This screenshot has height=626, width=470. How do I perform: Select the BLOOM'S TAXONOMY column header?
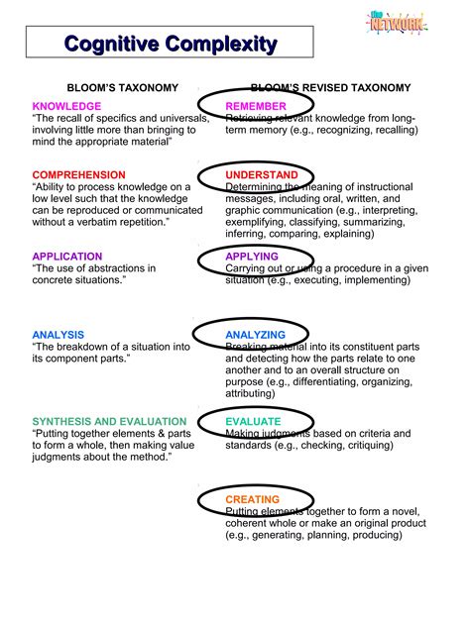pos(116,88)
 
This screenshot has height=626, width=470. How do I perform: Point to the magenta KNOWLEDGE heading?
pos(66,106)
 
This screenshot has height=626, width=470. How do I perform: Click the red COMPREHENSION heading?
pos(79,175)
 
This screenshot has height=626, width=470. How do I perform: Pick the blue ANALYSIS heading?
pos(58,335)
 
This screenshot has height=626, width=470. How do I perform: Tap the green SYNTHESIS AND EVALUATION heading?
pos(109,421)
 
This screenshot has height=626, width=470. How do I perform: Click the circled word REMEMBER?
pos(256,106)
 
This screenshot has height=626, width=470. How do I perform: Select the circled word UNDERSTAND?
pos(263,175)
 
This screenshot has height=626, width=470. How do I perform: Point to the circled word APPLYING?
pos(252,257)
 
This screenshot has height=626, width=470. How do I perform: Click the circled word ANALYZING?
pos(255,335)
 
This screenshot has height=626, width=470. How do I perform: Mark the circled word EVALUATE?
pos(253,421)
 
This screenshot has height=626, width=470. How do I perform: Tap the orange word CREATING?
pos(253,500)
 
